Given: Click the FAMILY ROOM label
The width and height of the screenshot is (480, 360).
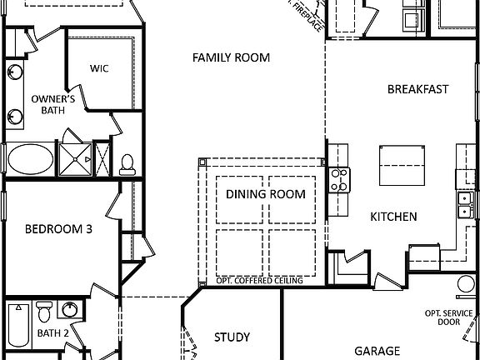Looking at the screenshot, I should [232, 57].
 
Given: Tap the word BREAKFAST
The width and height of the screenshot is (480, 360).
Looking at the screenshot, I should [417, 89].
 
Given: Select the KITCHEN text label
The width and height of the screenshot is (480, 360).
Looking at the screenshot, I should [393, 217].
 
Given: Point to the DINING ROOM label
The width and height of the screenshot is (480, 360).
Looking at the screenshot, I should [265, 195].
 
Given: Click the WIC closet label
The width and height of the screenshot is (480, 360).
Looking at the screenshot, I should [100, 68].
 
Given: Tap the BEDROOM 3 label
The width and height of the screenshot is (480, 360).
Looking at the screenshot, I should [57, 229].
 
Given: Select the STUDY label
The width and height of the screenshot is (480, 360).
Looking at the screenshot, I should [232, 337].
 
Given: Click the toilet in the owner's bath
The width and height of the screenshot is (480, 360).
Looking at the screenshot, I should [127, 163].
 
